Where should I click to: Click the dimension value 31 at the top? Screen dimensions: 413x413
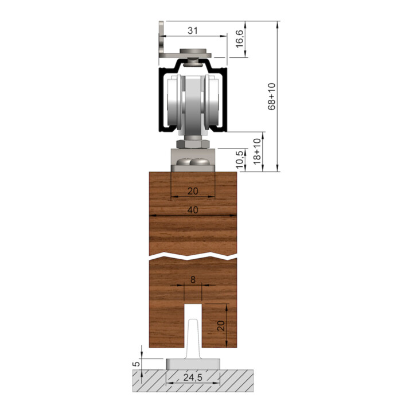click(193, 30)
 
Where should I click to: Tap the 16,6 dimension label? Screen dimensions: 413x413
click(239, 39)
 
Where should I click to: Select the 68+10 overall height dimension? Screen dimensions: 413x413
click(271, 96)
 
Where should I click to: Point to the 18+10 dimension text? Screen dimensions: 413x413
click(257, 151)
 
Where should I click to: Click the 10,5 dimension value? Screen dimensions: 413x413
click(239, 160)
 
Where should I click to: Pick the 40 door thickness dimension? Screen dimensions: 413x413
click(193, 210)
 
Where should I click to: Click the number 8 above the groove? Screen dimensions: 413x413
click(193, 280)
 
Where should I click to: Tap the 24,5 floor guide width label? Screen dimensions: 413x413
click(193, 377)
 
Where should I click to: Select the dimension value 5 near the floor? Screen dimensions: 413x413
click(136, 364)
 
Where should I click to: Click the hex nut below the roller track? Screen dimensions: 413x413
click(193, 144)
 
